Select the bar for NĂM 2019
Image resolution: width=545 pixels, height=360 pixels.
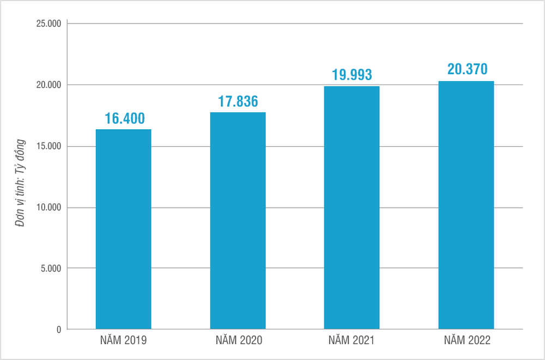click(123, 229)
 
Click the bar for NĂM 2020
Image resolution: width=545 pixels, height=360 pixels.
click(238, 221)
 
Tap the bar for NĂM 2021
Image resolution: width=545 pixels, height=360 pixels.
click(352, 208)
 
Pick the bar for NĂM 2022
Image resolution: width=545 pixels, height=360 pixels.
click(466, 205)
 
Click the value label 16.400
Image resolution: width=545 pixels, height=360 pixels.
click(124, 119)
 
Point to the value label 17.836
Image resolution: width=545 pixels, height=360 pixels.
click(238, 102)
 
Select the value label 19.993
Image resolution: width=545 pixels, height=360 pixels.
click(352, 75)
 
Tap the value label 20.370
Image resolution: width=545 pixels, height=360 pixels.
click(467, 70)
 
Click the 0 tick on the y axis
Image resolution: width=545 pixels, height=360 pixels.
click(59, 329)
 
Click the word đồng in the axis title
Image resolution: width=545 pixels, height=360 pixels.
click(20, 140)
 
